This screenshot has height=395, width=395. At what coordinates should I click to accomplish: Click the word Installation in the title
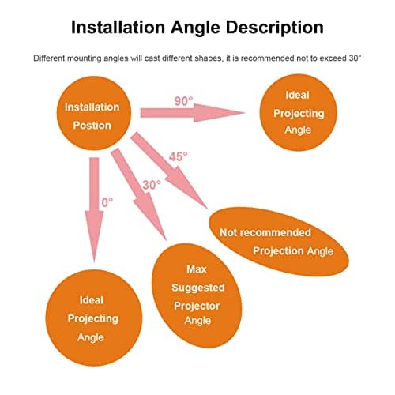pos(118,27)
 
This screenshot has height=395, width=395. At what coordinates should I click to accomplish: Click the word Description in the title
pos(275,28)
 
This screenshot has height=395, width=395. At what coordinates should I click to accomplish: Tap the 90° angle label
pos(183,101)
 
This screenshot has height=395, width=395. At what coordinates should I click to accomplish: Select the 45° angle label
pos(179,156)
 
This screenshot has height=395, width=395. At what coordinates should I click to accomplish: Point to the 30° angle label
pos(152,185)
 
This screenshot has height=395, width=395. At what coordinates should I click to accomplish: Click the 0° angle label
pos(107,202)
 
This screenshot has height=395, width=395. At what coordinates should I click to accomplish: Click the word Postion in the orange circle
pos(92,126)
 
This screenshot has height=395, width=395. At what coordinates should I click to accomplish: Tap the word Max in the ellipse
pos(197,269)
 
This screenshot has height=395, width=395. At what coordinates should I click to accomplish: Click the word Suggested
pos(198,288)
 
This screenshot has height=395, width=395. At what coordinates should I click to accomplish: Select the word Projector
pos(197,307)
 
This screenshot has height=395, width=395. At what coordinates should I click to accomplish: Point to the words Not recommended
pos(265,232)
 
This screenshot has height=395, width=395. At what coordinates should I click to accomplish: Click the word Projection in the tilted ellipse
pos(278,251)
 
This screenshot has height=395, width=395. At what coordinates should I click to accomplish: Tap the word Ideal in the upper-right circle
pos(297,95)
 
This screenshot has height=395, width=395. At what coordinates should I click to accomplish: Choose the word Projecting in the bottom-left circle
pos(93,319)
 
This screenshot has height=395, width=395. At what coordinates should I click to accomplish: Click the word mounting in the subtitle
pos(85,58)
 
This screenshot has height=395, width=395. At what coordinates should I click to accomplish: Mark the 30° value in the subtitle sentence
pos(355,58)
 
